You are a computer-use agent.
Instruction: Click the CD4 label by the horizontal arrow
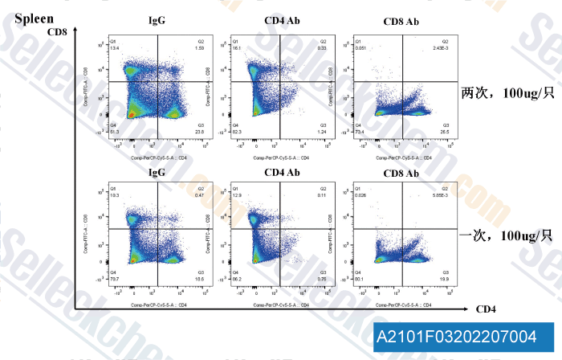pos(487,309)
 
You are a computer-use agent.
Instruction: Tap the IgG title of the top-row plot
pos(157,20)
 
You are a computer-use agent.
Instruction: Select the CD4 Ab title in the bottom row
pos(282,173)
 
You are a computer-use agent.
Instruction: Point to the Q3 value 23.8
pos(199,131)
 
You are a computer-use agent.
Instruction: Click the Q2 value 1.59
pos(199,48)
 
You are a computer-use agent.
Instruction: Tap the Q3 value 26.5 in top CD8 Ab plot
pos(444,131)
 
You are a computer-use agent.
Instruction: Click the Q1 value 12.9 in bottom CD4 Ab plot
pos(237,196)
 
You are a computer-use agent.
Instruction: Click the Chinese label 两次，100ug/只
pos(507,92)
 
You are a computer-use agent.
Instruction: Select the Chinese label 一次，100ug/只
pos(507,235)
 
